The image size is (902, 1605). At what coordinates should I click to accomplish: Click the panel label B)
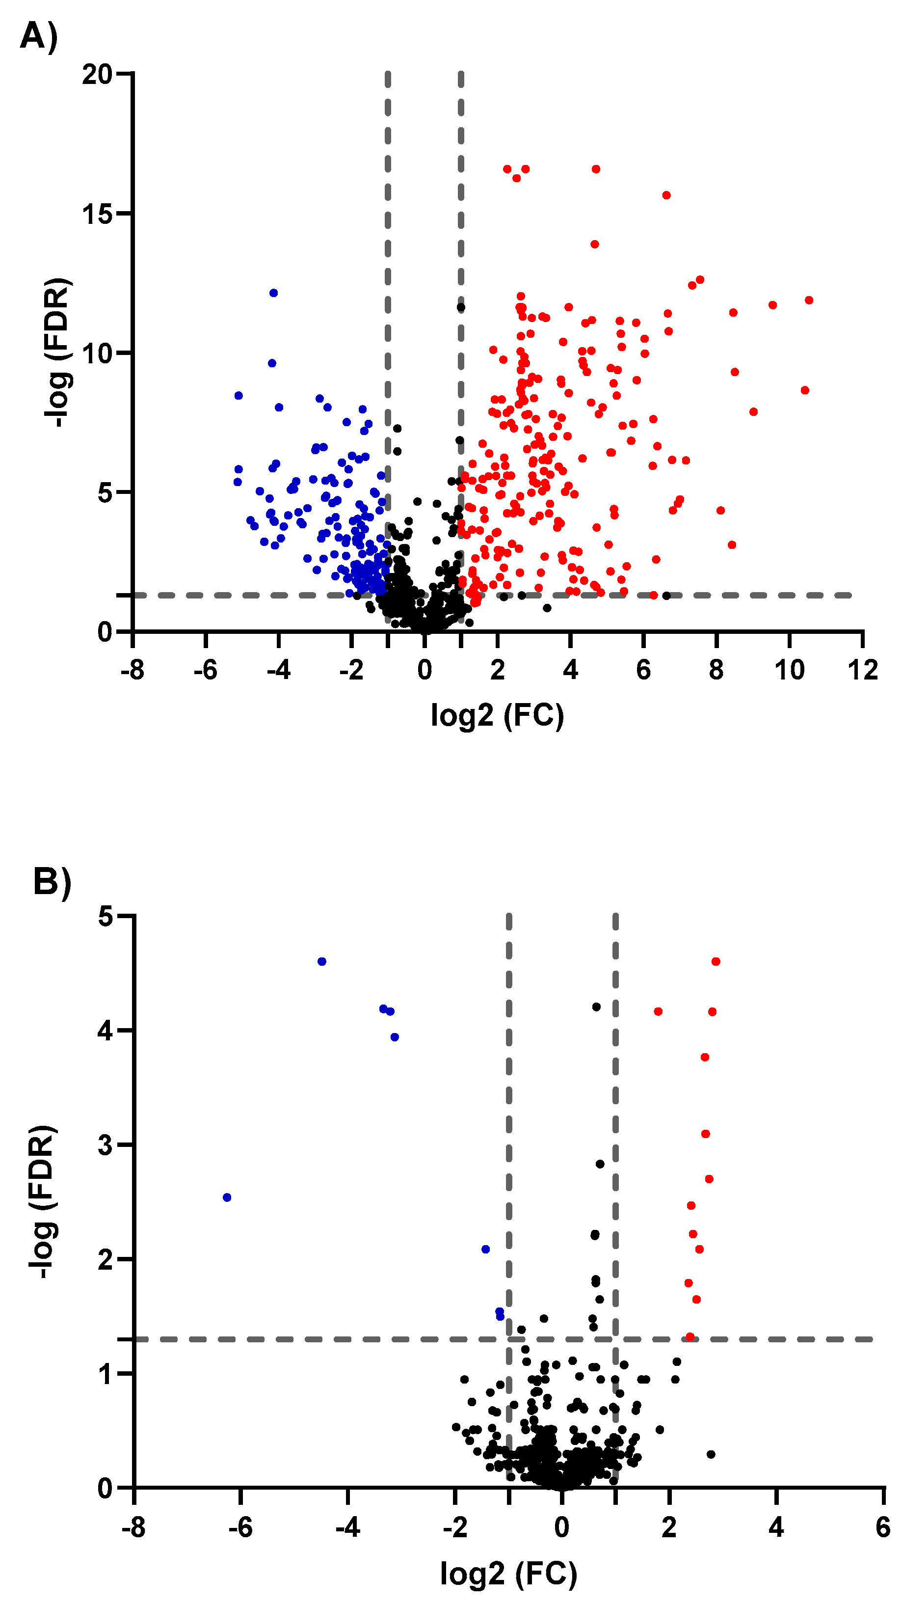pyautogui.click(x=53, y=882)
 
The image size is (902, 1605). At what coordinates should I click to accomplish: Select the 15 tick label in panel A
pyautogui.click(x=97, y=214)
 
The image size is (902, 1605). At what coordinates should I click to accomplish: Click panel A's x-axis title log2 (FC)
pyautogui.click(x=497, y=715)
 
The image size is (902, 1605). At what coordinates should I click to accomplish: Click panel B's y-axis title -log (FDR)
pyautogui.click(x=44, y=1202)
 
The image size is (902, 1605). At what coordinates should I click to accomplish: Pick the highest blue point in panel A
pyautogui.click(x=273, y=293)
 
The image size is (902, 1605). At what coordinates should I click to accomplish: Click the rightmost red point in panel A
pyautogui.click(x=809, y=300)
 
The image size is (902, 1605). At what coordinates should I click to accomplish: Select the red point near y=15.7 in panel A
pyautogui.click(x=666, y=195)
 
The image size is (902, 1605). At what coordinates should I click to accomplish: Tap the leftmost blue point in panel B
pyautogui.click(x=227, y=1197)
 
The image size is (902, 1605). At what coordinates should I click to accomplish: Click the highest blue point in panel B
pyautogui.click(x=322, y=961)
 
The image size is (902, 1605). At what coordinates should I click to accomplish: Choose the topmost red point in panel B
pyautogui.click(x=716, y=961)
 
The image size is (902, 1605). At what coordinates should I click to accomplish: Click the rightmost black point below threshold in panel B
pyautogui.click(x=711, y=1454)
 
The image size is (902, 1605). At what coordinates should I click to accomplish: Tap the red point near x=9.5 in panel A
pyautogui.click(x=772, y=305)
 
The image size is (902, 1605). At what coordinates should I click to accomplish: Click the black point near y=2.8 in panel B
pyautogui.click(x=600, y=1164)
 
